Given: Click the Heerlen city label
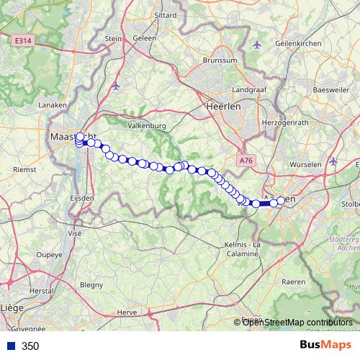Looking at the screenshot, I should click(222, 105).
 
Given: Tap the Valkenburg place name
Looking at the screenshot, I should click(146, 125).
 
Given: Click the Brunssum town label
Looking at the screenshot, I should click(220, 60).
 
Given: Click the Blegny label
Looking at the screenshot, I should click(91, 284).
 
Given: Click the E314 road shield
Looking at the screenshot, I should click(24, 42).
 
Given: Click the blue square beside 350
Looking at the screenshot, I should click(9, 346).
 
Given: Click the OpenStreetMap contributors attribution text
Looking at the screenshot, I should click(297, 323).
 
